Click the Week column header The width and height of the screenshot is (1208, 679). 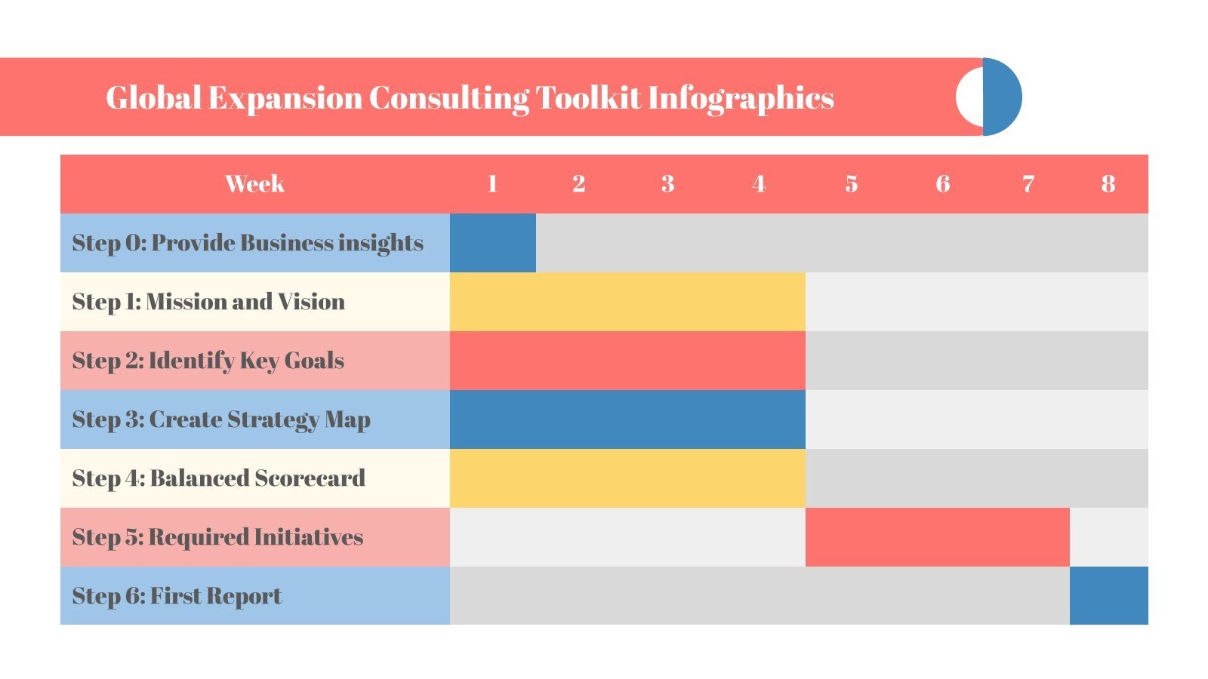[254, 183]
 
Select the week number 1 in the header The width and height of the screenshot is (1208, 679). [492, 183]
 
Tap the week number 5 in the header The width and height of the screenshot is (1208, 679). [851, 183]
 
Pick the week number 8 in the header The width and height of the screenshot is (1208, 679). [1108, 183]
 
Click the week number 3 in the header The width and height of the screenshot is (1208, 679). [667, 183]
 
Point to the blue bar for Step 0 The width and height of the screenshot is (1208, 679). [492, 243]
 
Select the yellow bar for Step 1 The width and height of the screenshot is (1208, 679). [627, 302]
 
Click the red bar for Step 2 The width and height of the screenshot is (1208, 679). [627, 361]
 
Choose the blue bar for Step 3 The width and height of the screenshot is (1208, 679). [627, 419]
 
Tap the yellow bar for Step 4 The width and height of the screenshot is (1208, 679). [627, 478]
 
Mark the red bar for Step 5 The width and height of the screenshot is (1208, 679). [937, 537]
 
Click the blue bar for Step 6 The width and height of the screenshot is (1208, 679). [1108, 596]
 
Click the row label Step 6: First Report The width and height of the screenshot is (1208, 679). [177, 596]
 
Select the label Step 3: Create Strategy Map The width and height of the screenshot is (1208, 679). [221, 419]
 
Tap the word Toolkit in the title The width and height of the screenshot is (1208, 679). [588, 97]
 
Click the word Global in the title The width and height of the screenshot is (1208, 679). [153, 97]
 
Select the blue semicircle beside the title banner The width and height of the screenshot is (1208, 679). [1003, 97]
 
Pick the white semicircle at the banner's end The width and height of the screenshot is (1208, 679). [969, 97]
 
